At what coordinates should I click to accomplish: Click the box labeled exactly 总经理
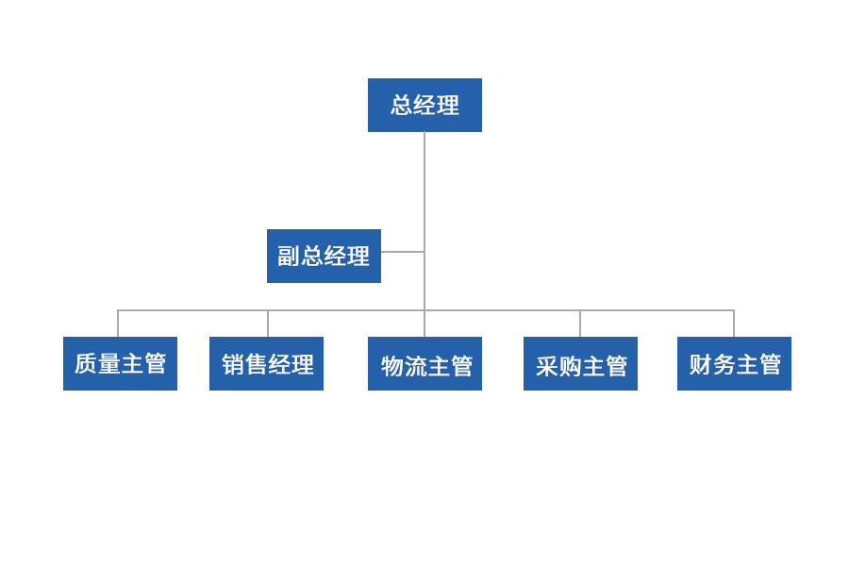pos(424,105)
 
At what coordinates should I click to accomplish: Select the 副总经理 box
pos(324,257)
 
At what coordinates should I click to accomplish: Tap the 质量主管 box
pos(120,363)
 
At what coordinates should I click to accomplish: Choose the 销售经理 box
pos(266,363)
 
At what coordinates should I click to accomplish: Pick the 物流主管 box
pos(424,363)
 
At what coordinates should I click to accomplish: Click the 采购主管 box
pos(580,363)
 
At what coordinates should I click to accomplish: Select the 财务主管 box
pos(734,363)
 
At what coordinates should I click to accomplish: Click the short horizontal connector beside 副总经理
pos(403,252)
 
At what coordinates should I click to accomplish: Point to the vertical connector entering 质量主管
pos(118,324)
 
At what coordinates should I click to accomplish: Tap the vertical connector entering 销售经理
pos(268,324)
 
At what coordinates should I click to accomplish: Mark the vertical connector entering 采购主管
pos(580,324)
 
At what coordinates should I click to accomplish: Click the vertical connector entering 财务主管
pos(734,324)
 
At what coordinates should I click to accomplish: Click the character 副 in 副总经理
pos(289,257)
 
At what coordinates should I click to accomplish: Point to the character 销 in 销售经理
pos(233,364)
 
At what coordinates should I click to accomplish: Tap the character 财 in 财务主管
pos(701,364)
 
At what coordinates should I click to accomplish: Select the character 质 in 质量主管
pos(86,363)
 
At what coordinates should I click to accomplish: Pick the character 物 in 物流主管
pos(392,367)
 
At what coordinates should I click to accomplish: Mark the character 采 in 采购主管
pos(547,367)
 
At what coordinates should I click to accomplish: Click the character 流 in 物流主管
pos(415,367)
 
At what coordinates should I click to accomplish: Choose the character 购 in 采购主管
pos(570,367)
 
